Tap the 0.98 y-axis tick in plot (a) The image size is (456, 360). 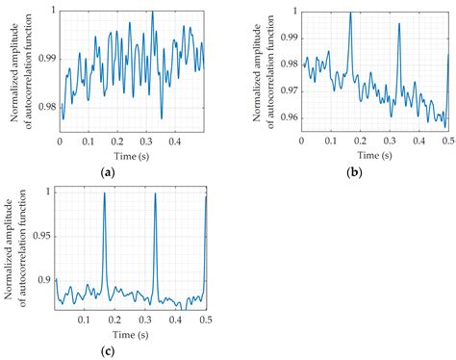coord(47,107)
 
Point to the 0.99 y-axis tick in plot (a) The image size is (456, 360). coord(47,59)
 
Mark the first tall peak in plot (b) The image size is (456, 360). coord(350,13)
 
